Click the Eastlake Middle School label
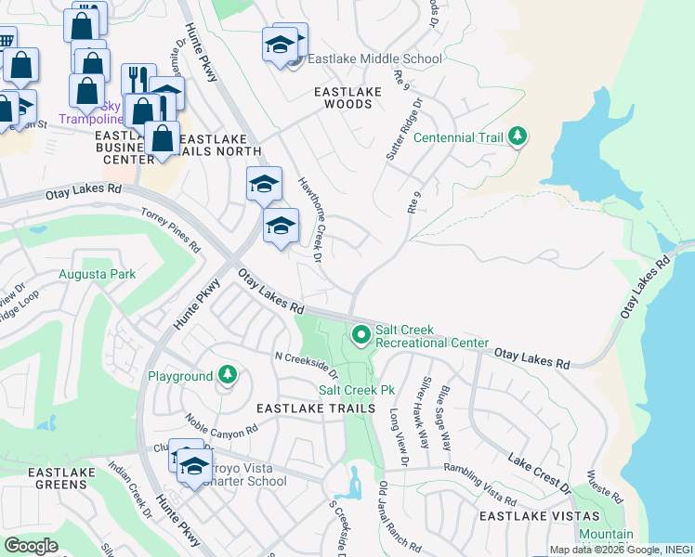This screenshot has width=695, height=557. pos(375,59)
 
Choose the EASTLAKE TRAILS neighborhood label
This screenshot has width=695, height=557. pos(316,408)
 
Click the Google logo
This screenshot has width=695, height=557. pos(31,546)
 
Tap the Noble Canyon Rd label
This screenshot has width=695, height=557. pos(220,426)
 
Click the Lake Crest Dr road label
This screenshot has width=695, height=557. pos(539,471)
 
